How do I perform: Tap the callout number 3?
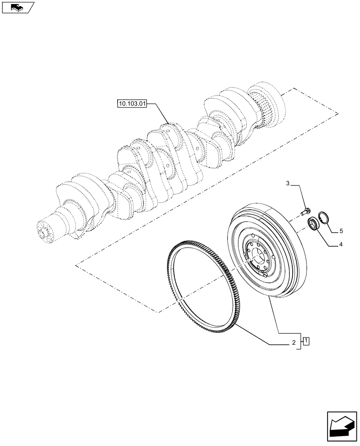pos(288,183)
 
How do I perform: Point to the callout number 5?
pos(341,231)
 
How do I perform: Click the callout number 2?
pos(294,343)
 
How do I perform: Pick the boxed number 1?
pos(307,342)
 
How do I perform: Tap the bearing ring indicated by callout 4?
pos(314,223)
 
